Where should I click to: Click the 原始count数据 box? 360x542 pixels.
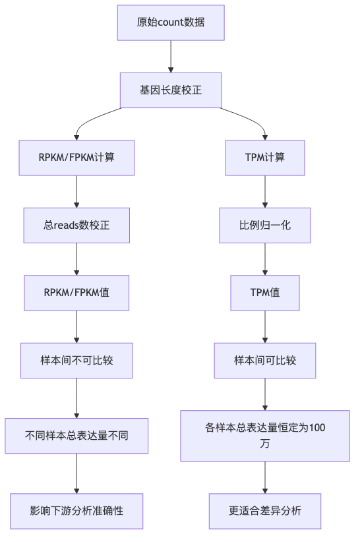point(171,22)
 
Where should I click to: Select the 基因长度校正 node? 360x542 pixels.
point(171,90)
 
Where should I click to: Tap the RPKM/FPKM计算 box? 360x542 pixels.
point(76,158)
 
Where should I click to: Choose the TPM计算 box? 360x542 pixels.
point(265,158)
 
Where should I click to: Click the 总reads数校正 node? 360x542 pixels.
point(76,226)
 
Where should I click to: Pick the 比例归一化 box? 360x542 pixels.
point(265,226)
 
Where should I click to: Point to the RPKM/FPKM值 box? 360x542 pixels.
point(76,293)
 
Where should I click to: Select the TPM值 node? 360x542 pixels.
point(265,293)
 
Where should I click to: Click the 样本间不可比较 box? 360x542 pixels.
point(76,361)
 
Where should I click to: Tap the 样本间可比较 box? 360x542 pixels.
point(265,361)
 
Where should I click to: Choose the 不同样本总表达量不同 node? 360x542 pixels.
point(76,435)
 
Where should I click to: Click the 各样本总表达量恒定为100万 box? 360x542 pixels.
point(265,435)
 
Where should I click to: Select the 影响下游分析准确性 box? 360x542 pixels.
point(76,510)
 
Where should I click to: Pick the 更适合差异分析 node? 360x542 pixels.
point(265,510)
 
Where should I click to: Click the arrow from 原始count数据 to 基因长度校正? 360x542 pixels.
point(171,56)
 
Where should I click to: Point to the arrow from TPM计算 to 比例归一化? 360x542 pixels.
point(265,191)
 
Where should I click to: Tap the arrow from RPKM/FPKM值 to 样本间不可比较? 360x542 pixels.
point(76,326)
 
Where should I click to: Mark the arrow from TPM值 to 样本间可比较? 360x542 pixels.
point(265,326)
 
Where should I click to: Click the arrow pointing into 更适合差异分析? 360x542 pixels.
point(265,477)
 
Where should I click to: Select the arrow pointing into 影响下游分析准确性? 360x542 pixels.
point(76,473)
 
